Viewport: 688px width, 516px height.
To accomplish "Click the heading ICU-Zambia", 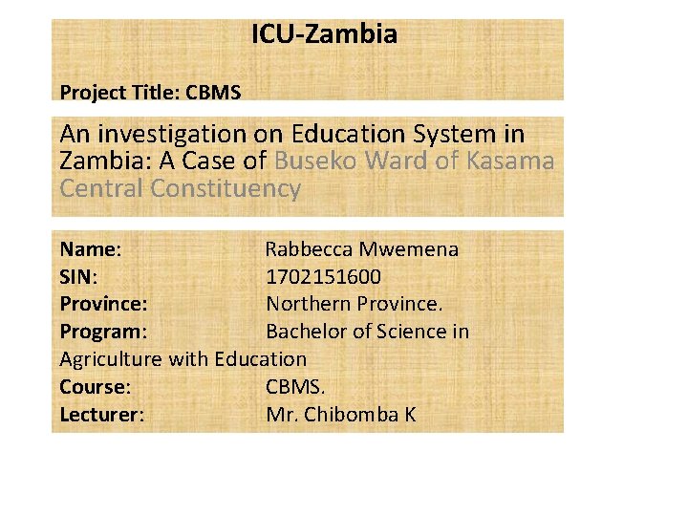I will (x=324, y=35).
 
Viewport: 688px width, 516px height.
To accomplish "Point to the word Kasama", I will (x=510, y=161).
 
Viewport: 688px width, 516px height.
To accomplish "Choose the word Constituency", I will (x=226, y=188).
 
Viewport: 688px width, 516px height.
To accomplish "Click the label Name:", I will (x=90, y=249).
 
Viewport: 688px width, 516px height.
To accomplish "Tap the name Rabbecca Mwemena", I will (x=361, y=249).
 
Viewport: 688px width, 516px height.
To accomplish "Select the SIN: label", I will (x=78, y=277).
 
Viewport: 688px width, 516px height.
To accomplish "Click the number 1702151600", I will (x=323, y=277).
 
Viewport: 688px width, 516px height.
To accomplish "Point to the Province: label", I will (x=103, y=305).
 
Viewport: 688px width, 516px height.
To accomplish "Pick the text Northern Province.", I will (x=355, y=305).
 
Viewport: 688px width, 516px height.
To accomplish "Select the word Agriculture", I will (x=111, y=360).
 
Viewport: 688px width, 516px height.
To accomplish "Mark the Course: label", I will (x=95, y=388).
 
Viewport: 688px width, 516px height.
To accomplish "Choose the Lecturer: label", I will (x=101, y=416).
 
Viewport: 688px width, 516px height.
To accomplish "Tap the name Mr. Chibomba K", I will (x=341, y=416).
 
